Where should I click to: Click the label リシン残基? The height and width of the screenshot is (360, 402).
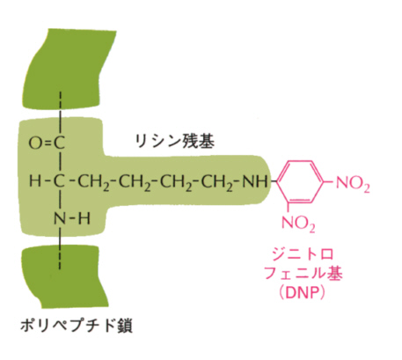[x=175, y=142]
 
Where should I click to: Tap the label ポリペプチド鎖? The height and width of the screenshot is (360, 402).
[x=77, y=326]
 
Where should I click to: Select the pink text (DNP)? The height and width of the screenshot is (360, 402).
[x=303, y=292]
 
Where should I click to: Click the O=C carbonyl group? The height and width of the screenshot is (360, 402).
[x=47, y=143]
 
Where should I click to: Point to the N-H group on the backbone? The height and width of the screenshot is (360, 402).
[x=72, y=219]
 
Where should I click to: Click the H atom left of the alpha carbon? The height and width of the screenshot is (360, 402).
[x=35, y=181]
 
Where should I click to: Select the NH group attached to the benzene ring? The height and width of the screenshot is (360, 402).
[x=255, y=181]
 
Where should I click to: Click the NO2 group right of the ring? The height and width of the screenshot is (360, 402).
[x=353, y=184]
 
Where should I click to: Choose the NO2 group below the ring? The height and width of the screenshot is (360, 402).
[x=298, y=224]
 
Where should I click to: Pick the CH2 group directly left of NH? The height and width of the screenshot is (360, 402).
[x=218, y=182]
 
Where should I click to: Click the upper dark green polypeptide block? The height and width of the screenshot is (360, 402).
[x=69, y=68]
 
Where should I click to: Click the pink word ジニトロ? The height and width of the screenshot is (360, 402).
[x=303, y=254]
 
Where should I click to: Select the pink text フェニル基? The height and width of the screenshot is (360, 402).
[x=303, y=274]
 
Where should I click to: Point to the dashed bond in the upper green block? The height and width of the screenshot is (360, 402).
[x=60, y=103]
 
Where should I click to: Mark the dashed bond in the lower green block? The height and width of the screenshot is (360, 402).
[x=60, y=258]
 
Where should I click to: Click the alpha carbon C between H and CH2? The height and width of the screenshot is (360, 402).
[x=60, y=181]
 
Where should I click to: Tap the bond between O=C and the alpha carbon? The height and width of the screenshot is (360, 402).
[x=60, y=163]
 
